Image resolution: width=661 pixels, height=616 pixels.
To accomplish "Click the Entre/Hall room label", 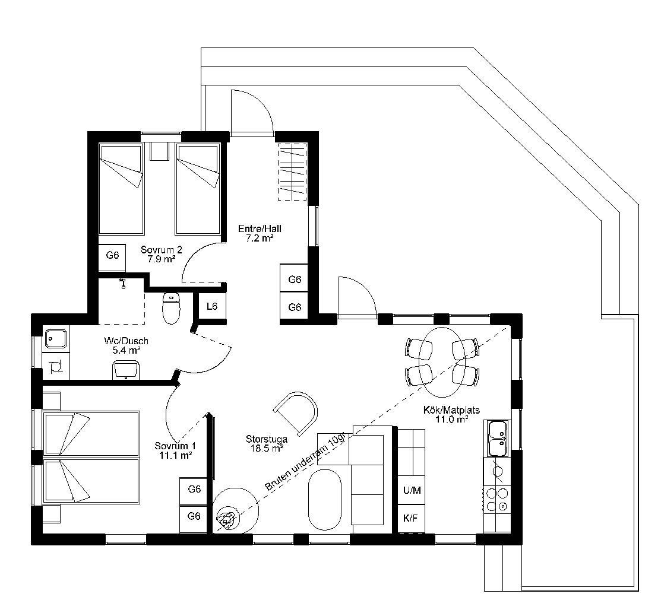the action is [260, 229].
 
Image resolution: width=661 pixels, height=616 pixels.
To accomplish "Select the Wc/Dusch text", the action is [126, 341].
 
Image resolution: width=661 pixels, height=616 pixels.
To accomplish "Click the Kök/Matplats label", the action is [451, 409].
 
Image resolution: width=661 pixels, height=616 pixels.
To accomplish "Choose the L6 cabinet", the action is [212, 306].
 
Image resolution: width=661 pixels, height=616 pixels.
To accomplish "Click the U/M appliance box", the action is [412, 490].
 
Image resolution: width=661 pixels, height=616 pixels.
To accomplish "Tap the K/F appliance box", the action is [411, 518].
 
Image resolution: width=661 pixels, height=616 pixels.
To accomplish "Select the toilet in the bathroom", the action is [172, 308].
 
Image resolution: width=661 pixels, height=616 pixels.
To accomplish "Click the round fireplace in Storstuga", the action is [235, 510].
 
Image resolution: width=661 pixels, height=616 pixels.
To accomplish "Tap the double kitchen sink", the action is [498, 438].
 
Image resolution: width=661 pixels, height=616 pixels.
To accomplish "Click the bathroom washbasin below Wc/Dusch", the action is [126, 370].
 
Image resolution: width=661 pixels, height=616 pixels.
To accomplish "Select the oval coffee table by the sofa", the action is [324, 500].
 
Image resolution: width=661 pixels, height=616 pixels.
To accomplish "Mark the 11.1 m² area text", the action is [176, 455].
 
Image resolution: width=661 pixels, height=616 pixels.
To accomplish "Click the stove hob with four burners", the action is [497, 498].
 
